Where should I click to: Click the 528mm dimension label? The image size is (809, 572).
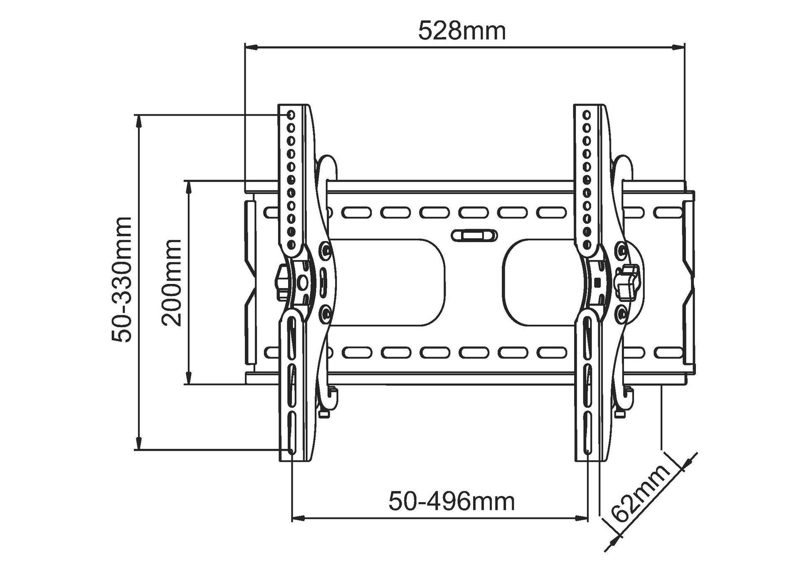(462, 32)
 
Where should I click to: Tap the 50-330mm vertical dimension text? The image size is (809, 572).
(121, 279)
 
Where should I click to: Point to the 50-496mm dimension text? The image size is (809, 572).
(451, 501)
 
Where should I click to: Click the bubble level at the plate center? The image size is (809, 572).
(474, 235)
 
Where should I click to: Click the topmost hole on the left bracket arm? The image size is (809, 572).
(291, 114)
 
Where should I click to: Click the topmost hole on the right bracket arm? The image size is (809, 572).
(587, 114)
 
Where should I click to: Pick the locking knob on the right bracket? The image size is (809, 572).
(628, 282)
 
